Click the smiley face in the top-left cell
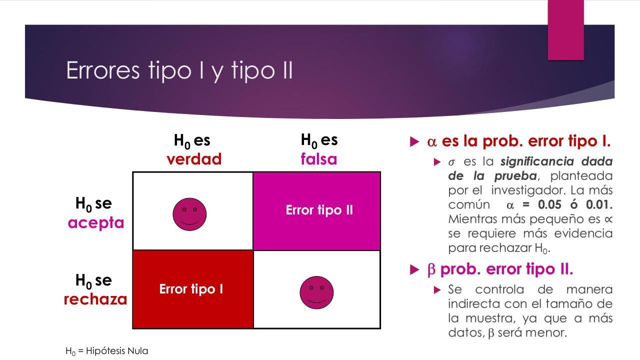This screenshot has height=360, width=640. (x=189, y=213)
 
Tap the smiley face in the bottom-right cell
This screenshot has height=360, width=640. (x=316, y=292)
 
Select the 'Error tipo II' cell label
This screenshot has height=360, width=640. (x=319, y=210)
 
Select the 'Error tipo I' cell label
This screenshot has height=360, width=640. (x=191, y=289)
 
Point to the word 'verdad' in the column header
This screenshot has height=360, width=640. (x=194, y=159)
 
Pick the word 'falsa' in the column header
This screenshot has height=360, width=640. (x=319, y=159)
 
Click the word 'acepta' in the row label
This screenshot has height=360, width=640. (x=95, y=222)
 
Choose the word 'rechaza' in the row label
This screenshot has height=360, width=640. (x=95, y=299)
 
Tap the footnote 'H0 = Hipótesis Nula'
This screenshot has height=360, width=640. (x=107, y=351)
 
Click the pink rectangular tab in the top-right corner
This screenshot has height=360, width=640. (x=565, y=30)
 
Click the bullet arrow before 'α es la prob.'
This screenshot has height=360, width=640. (x=413, y=142)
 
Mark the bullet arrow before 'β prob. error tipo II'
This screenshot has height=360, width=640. (x=413, y=270)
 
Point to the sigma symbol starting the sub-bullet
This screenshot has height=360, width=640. (x=451, y=163)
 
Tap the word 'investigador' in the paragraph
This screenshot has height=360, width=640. (x=524, y=190)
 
